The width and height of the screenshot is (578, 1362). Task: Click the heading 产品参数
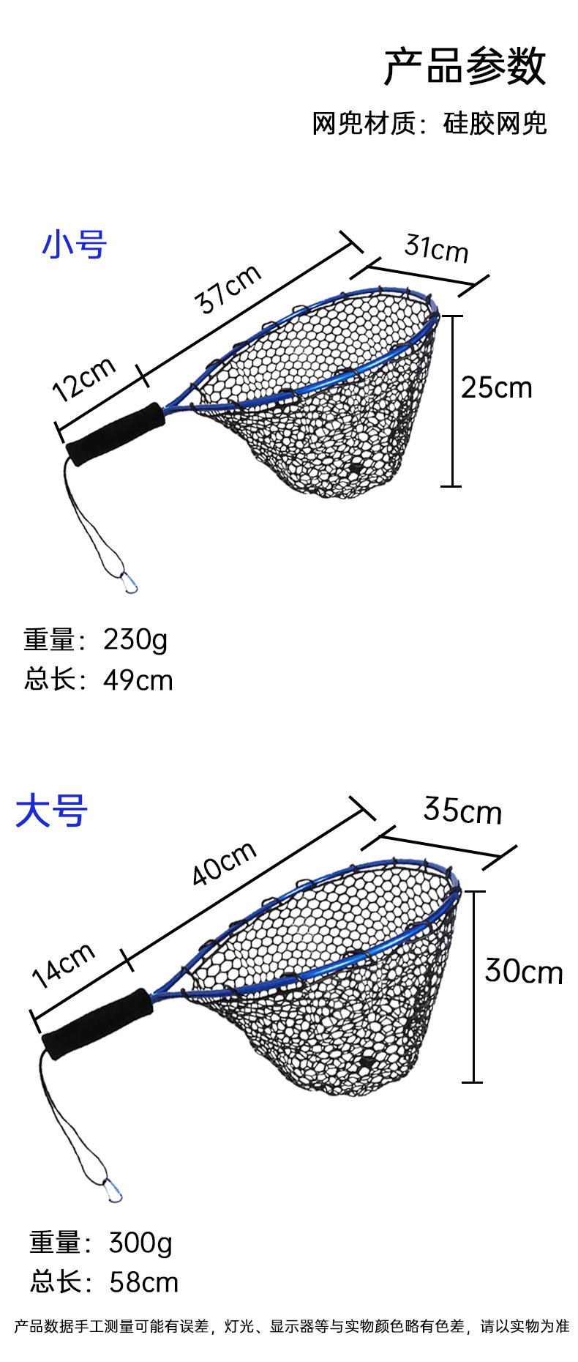point(465,67)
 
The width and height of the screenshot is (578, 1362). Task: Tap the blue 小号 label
point(75,245)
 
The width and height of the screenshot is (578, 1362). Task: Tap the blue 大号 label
point(52,811)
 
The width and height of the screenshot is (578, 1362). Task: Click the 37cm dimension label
point(228,288)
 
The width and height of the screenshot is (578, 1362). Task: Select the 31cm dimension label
point(436,248)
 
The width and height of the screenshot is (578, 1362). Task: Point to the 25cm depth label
point(497,387)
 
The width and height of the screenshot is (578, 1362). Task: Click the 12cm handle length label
point(84,379)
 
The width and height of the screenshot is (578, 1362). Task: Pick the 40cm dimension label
point(224,862)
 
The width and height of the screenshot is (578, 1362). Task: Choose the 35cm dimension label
point(462,811)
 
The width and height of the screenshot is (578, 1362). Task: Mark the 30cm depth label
point(524,972)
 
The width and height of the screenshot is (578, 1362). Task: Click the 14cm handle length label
point(64,964)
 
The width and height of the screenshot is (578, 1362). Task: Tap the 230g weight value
point(135,640)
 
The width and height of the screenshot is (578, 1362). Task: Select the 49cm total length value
point(138,680)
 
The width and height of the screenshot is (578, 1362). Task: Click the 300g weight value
point(140,1243)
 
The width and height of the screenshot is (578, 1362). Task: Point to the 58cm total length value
point(143,1282)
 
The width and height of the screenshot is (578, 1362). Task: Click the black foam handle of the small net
point(116,433)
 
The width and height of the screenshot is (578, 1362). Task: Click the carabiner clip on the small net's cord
point(130,582)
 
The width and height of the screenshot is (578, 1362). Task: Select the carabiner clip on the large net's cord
point(113,1191)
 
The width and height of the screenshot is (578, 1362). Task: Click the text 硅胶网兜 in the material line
point(495,124)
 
